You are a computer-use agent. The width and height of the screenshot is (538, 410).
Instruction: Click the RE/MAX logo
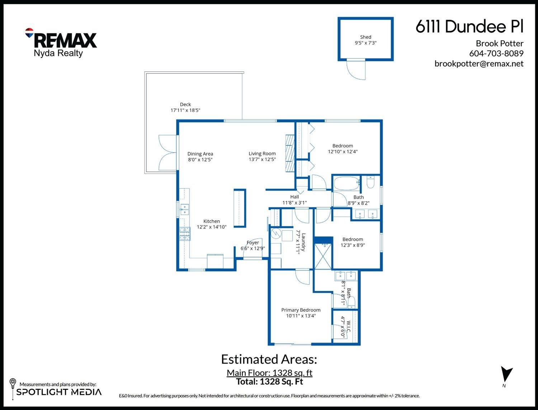[x=61, y=39]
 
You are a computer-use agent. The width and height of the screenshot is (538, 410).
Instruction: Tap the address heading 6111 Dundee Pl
[x=469, y=27]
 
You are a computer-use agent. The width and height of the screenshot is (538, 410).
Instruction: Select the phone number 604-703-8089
[x=496, y=53]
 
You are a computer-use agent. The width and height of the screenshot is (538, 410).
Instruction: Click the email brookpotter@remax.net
[x=479, y=63]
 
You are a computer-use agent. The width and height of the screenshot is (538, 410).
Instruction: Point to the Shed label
[x=365, y=37]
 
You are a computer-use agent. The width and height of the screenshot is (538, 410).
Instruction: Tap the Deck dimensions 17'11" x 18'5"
[x=185, y=110]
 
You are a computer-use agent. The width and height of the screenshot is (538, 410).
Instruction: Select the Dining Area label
[x=200, y=154]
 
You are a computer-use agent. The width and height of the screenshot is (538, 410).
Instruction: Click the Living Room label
[x=262, y=154]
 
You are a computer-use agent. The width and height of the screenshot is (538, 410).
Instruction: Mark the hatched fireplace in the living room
[x=290, y=154]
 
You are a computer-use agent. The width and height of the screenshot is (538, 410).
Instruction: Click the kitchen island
[x=240, y=208]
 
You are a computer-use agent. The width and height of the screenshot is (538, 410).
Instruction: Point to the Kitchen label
[x=212, y=221]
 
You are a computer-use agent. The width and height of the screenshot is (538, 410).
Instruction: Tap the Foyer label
[x=253, y=243]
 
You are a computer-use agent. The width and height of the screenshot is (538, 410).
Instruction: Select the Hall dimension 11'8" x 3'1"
[x=294, y=203]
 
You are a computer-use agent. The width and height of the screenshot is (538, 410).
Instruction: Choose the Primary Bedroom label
[x=301, y=310]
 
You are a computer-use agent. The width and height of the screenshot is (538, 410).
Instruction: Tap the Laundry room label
[x=303, y=242]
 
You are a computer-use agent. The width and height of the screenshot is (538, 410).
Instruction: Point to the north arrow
[x=506, y=374]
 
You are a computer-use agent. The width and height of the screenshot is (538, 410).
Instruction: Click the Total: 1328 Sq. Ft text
[x=269, y=381]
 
